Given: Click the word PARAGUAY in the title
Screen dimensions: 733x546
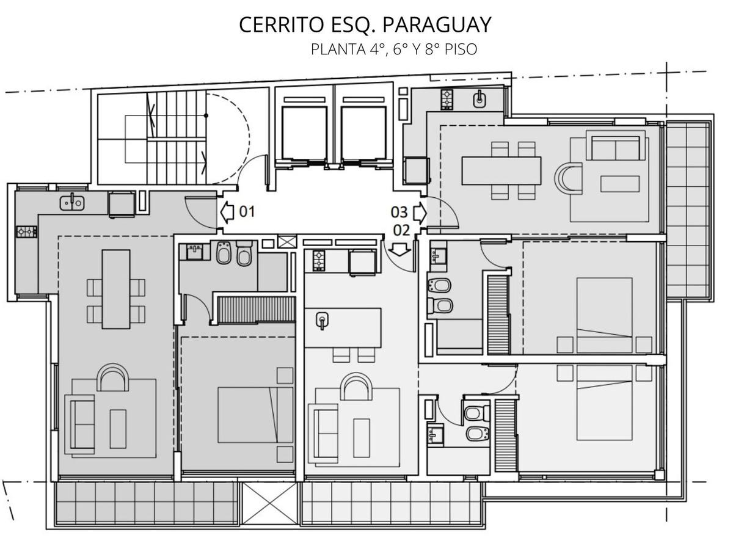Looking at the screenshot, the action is tap(437, 25).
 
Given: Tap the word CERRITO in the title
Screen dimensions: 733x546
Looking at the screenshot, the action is tap(281, 25).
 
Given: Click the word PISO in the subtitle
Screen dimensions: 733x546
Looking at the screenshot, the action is tap(461, 49).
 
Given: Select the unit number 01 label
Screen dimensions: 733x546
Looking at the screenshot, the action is tap(247, 212).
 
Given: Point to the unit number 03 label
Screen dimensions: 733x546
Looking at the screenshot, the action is tap(399, 213).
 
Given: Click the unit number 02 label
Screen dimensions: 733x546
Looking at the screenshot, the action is tap(401, 230).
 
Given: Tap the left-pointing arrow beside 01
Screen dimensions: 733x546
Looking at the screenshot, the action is tap(227, 212).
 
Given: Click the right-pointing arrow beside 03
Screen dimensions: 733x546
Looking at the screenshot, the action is tap(420, 213).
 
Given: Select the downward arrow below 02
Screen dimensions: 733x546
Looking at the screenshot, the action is tap(399, 250).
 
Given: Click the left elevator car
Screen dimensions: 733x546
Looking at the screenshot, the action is tap(304, 133).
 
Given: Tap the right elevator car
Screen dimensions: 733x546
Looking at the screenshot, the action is tap(363, 133).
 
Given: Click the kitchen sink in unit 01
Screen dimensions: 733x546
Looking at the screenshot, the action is tap(72, 202).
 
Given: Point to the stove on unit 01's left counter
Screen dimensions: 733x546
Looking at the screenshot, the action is tap(27, 231).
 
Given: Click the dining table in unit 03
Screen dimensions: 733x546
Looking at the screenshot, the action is tap(501, 171).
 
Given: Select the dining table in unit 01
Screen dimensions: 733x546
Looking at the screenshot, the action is tap(116, 289).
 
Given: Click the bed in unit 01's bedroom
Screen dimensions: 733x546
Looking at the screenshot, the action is tap(255, 415).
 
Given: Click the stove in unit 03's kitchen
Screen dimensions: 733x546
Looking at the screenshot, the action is tap(447, 100).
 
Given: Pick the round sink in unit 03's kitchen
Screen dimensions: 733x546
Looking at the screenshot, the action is tap(479, 99).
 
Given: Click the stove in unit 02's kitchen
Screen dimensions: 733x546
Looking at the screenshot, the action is tap(319, 261).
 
